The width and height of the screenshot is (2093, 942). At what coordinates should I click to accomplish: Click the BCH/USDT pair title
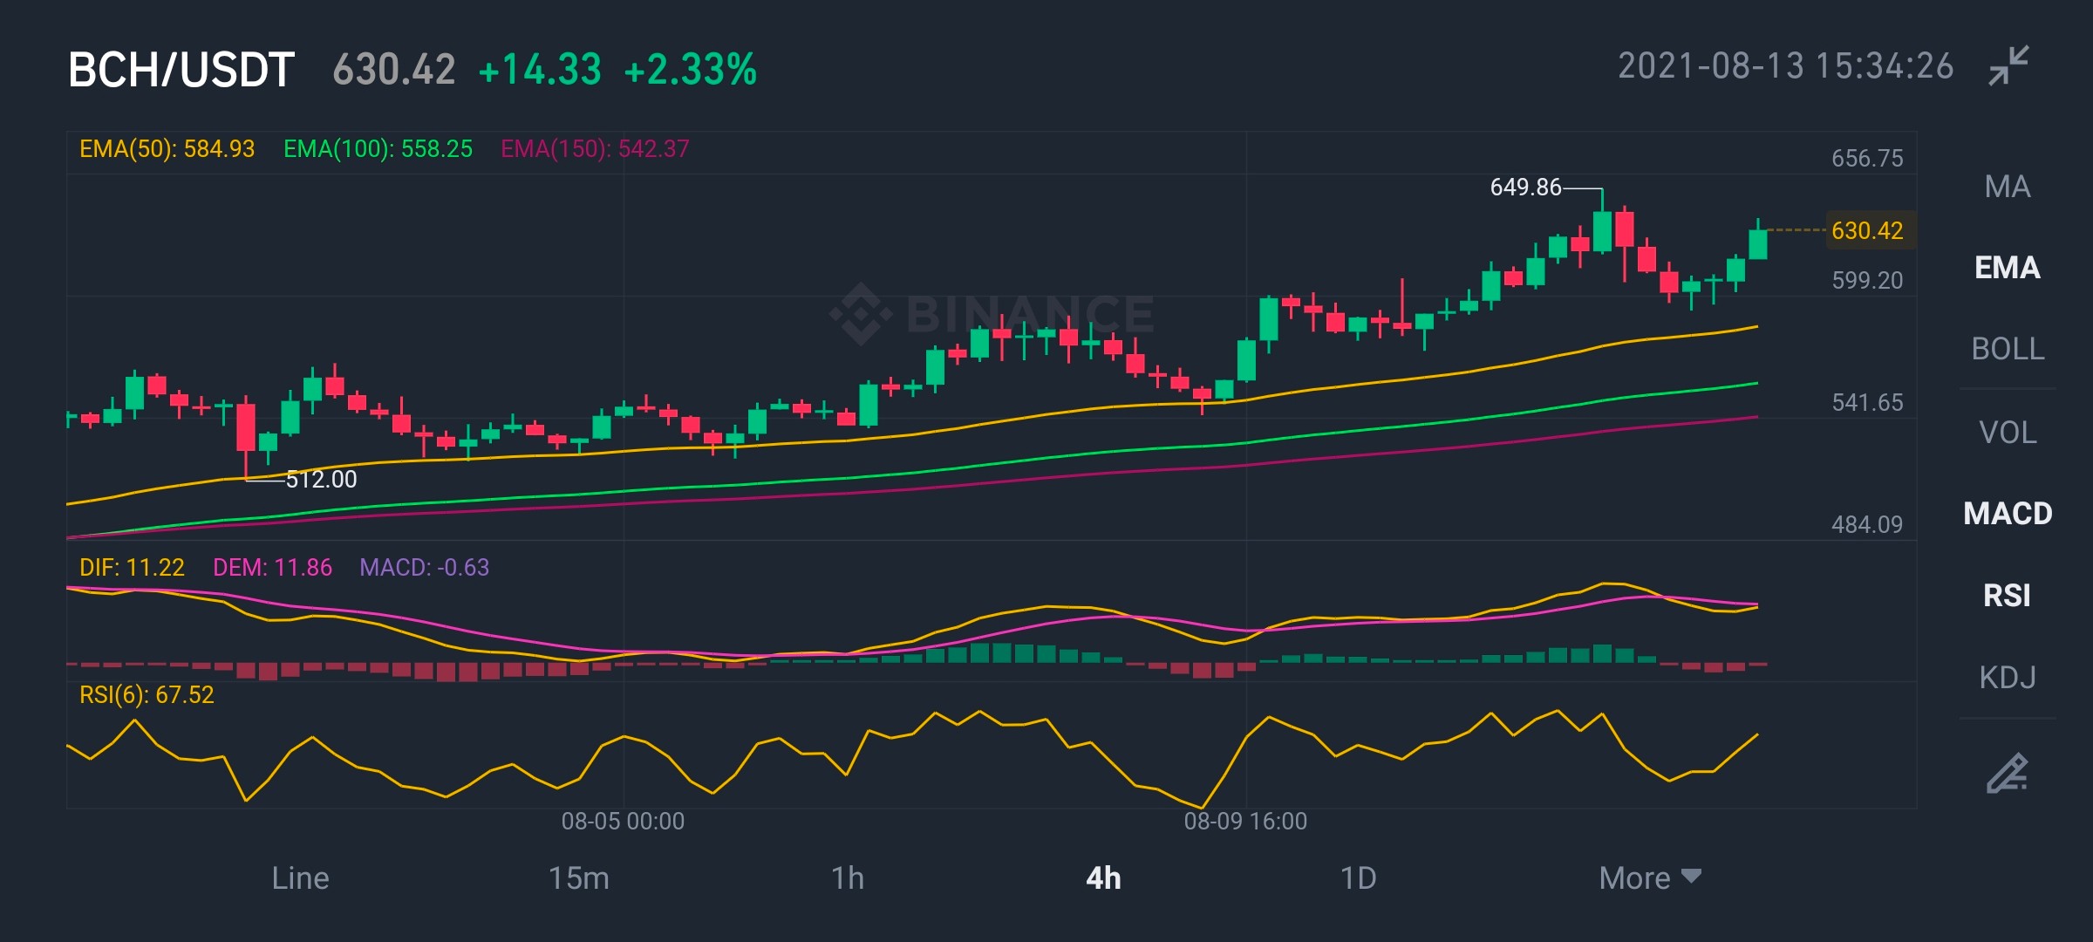(x=181, y=70)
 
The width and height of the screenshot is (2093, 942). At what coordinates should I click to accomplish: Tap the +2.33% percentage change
(x=691, y=70)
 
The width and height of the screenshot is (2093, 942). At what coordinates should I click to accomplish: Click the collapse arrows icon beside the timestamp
(x=2008, y=66)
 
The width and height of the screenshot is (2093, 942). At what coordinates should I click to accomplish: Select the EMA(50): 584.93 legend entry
(x=167, y=149)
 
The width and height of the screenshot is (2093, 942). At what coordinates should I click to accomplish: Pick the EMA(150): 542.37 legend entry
(x=595, y=149)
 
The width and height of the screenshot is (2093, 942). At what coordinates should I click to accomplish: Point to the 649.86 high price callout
(x=1525, y=188)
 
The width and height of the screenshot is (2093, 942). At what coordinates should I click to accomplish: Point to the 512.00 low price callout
(x=321, y=480)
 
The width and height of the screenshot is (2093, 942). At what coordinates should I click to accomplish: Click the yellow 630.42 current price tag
(x=1867, y=230)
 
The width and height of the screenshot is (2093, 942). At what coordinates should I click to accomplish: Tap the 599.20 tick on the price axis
(x=1867, y=280)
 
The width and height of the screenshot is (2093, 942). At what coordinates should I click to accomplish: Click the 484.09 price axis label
(x=1867, y=524)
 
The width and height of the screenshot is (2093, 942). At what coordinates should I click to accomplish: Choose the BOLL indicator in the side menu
(x=2008, y=349)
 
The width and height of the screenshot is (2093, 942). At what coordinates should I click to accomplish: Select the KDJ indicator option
(x=2008, y=677)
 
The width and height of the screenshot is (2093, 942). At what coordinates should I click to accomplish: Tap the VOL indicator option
(x=2008, y=432)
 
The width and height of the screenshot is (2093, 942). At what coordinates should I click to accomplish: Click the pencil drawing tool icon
(x=2008, y=773)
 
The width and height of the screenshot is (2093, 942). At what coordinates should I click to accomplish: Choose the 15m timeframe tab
(x=578, y=877)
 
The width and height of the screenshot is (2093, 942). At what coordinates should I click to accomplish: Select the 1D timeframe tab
(x=1358, y=877)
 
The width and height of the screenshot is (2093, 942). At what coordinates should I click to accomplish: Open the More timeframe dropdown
(x=1650, y=877)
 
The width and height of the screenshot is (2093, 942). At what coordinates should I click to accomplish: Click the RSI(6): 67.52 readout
(x=147, y=695)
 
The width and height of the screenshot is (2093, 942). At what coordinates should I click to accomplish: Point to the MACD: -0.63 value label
(x=425, y=568)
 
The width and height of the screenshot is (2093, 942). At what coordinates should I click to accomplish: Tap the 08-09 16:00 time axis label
(x=1245, y=821)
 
